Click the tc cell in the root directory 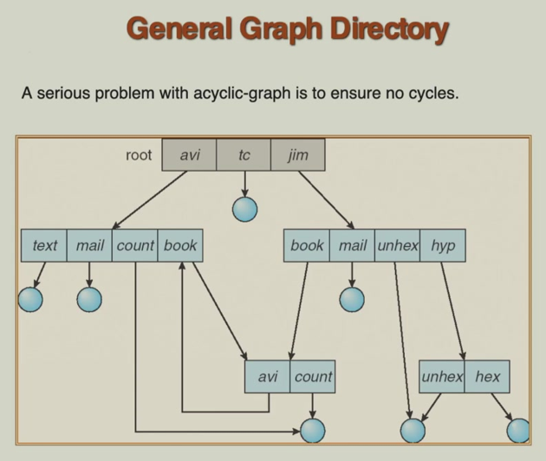coord(244,155)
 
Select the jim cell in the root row coord(297,155)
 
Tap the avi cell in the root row coord(190,155)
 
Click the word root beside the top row coord(139,155)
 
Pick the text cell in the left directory coord(44,245)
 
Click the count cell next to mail coord(135,245)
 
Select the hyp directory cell coord(443,245)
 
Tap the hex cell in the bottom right coord(487,377)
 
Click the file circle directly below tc coord(245,208)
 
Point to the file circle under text coord(31,299)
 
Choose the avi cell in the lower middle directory coord(268,377)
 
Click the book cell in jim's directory coord(307,245)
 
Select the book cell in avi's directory coord(180,245)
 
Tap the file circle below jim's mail coord(352,299)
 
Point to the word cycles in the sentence coord(428,93)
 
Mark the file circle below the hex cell coord(518,430)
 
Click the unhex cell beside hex coord(442,377)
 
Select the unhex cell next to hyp coord(398,245)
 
